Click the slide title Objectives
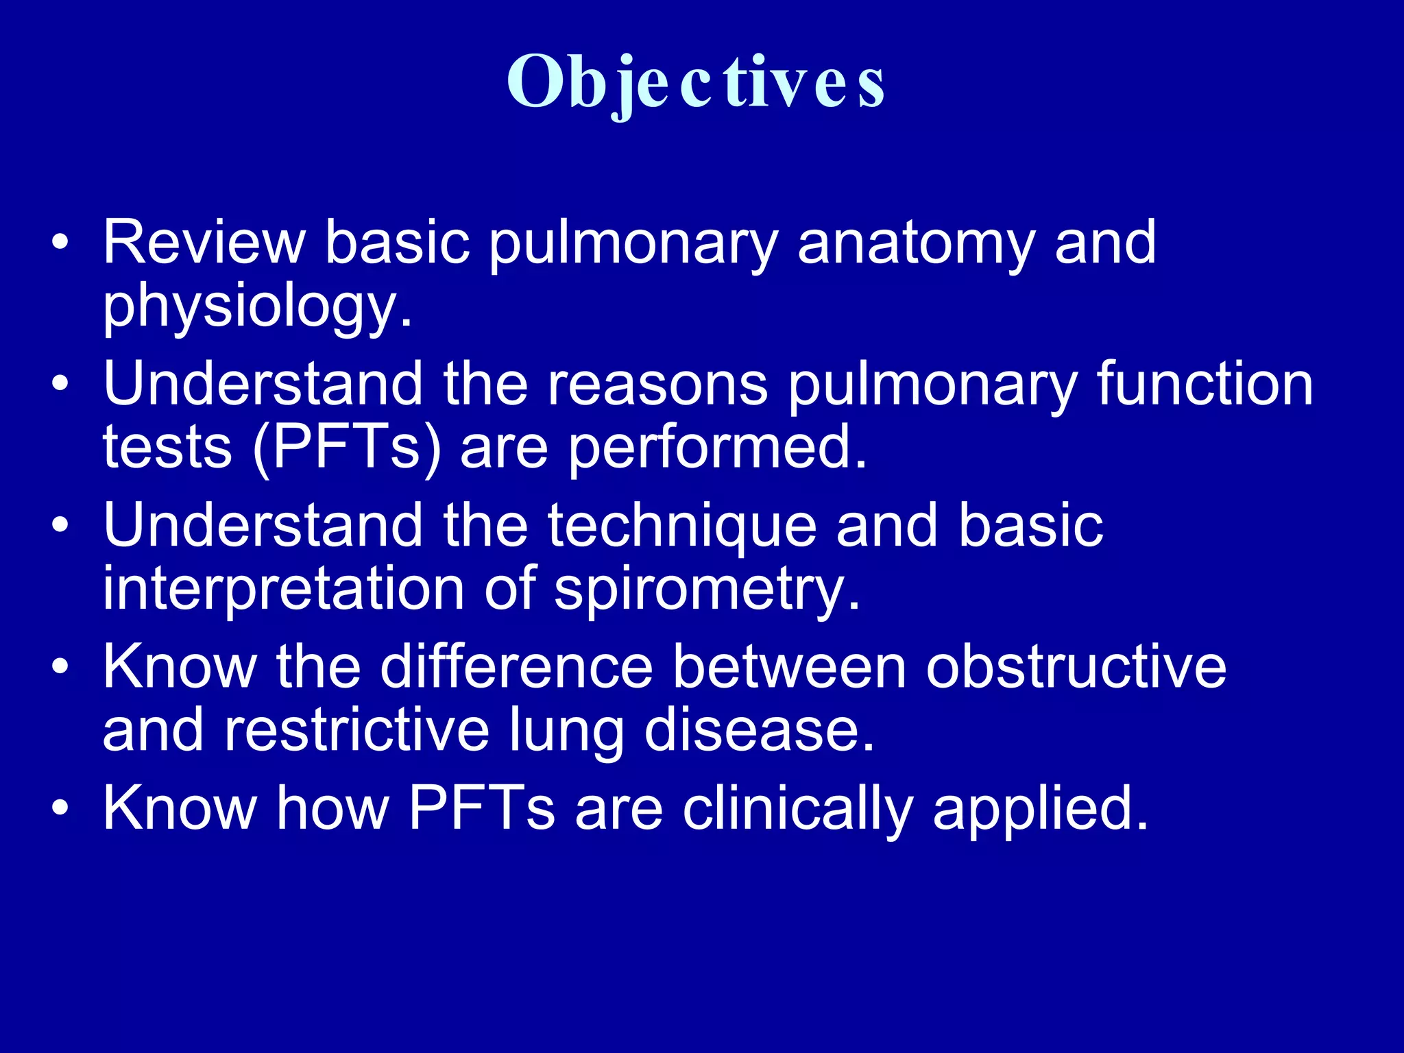click(695, 82)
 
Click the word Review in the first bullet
click(204, 242)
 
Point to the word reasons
click(657, 384)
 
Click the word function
click(1205, 384)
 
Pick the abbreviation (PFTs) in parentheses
click(347, 448)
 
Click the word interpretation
click(283, 589)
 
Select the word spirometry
click(706, 590)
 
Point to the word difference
click(516, 667)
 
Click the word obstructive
click(1076, 667)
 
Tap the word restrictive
click(356, 730)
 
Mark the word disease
click(759, 730)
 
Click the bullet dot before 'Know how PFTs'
click(60, 808)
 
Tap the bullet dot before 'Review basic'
click(60, 242)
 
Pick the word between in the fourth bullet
click(789, 667)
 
